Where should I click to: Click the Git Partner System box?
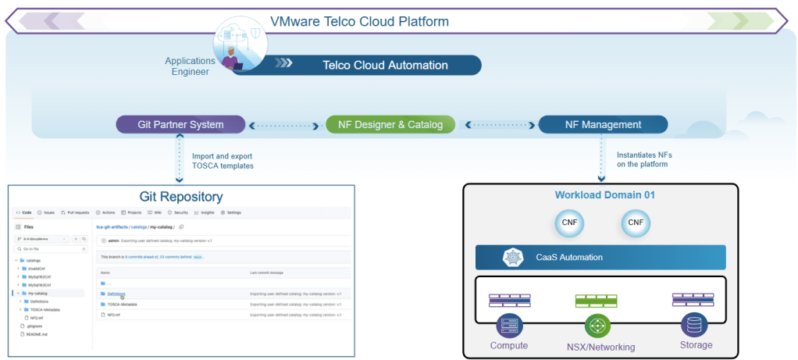coord(180,124)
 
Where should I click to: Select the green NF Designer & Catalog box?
coord(390,124)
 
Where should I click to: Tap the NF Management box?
coord(603,124)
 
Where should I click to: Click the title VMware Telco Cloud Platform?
coord(359,21)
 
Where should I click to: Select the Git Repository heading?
coord(181,197)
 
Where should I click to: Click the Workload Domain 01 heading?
coord(597,194)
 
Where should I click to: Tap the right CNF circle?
coord(635,223)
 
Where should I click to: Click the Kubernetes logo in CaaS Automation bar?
coord(512,257)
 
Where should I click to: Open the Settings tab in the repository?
coord(231,212)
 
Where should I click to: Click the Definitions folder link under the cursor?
coord(117,294)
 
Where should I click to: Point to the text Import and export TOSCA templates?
coord(222,160)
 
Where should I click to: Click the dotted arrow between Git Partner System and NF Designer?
coord(286,124)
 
